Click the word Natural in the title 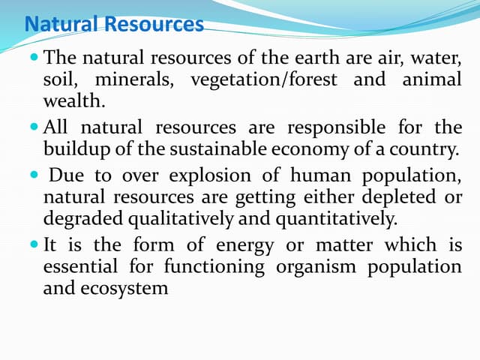(x=61, y=25)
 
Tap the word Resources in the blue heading (x=154, y=25)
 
